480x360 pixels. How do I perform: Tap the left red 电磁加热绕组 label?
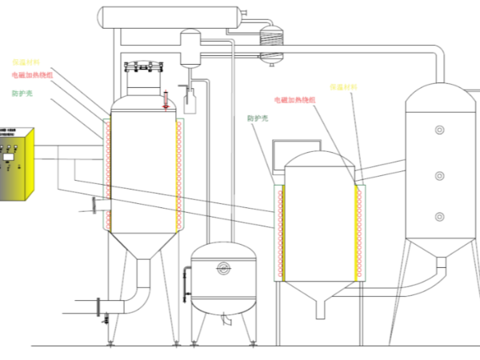(x=33, y=75)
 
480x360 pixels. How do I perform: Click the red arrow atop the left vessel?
(x=166, y=100)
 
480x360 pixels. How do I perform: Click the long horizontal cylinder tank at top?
(x=169, y=15)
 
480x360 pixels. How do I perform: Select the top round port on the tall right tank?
(x=438, y=129)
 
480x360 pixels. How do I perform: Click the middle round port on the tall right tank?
(x=438, y=174)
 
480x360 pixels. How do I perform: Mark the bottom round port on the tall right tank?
(x=438, y=216)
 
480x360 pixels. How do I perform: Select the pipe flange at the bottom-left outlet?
(x=98, y=306)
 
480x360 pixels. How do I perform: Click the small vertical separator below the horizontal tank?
(x=190, y=47)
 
